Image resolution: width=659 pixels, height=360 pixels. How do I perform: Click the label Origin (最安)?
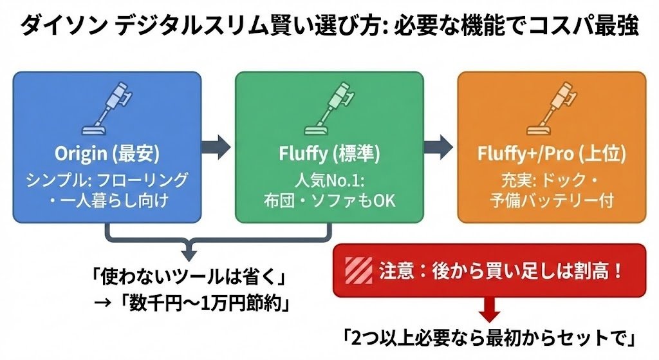pos(107,155)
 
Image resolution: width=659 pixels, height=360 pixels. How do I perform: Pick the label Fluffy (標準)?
pos(329,155)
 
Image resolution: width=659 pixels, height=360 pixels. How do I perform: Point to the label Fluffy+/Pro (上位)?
pos(552,155)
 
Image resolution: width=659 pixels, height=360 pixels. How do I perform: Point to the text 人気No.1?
pos(329,178)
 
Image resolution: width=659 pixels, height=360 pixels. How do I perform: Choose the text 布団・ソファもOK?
pos(329,200)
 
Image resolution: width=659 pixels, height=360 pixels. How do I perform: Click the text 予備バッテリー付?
pos(552,200)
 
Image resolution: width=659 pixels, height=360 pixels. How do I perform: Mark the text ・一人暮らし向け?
pos(107,200)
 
